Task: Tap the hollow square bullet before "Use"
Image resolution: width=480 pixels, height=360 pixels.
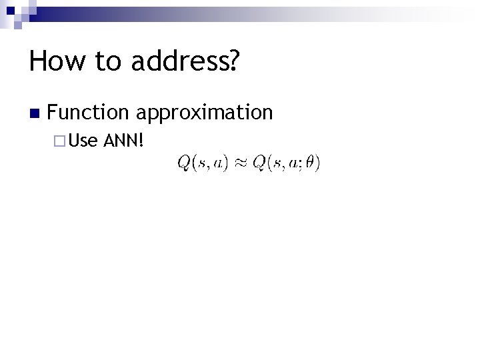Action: (x=59, y=141)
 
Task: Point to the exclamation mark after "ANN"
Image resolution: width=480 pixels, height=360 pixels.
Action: (x=142, y=141)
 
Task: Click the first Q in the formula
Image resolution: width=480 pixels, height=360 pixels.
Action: (x=183, y=163)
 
